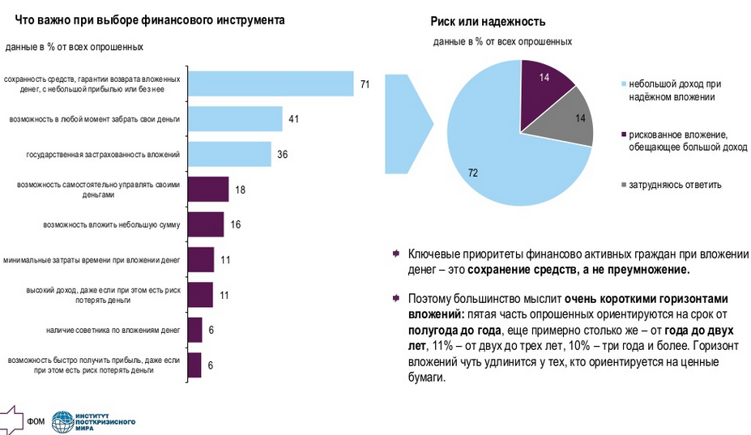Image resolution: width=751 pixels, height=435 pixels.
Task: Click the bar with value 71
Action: click(x=270, y=83)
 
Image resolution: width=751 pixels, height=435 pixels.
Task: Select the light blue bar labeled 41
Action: click(x=234, y=119)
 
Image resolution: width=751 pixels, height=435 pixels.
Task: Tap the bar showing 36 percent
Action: click(x=228, y=154)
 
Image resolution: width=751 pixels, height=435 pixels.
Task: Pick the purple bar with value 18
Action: click(x=207, y=189)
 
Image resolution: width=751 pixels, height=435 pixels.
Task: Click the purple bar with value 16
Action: click(x=205, y=224)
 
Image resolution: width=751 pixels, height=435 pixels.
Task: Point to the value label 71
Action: click(x=365, y=84)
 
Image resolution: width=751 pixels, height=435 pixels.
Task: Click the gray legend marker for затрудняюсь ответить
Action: click(x=622, y=185)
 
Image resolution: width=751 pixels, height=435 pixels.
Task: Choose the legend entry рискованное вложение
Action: click(x=676, y=140)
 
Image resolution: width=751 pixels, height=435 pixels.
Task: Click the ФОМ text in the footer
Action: click(x=36, y=422)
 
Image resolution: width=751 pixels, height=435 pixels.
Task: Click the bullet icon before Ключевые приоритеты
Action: click(x=395, y=254)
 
